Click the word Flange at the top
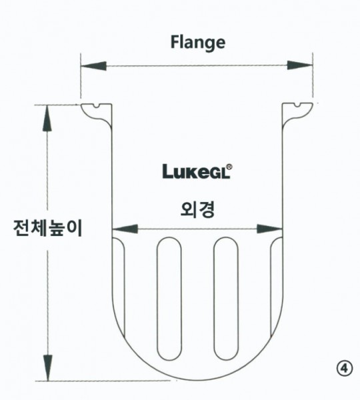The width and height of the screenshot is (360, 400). (x=198, y=43)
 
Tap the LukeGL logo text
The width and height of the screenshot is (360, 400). (x=196, y=171)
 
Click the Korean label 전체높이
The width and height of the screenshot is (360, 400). (x=48, y=228)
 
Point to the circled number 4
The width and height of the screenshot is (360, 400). (x=345, y=369)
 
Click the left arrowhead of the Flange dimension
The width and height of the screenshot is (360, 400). (x=93, y=66)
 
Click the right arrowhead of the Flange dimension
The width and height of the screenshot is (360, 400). (x=300, y=65)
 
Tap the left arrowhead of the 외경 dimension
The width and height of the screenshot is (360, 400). (x=125, y=229)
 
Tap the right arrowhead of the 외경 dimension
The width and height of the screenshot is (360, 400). (x=270, y=229)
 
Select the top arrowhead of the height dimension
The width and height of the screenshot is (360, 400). (x=47, y=119)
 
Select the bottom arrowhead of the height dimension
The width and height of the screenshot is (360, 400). (x=47, y=368)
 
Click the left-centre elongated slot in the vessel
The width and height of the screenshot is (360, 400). (x=169, y=299)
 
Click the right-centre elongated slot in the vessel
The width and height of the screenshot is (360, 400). (x=226, y=299)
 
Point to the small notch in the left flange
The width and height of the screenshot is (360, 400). (x=97, y=105)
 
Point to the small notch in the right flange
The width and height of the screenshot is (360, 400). (x=297, y=105)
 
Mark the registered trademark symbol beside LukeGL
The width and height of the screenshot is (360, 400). (x=229, y=167)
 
